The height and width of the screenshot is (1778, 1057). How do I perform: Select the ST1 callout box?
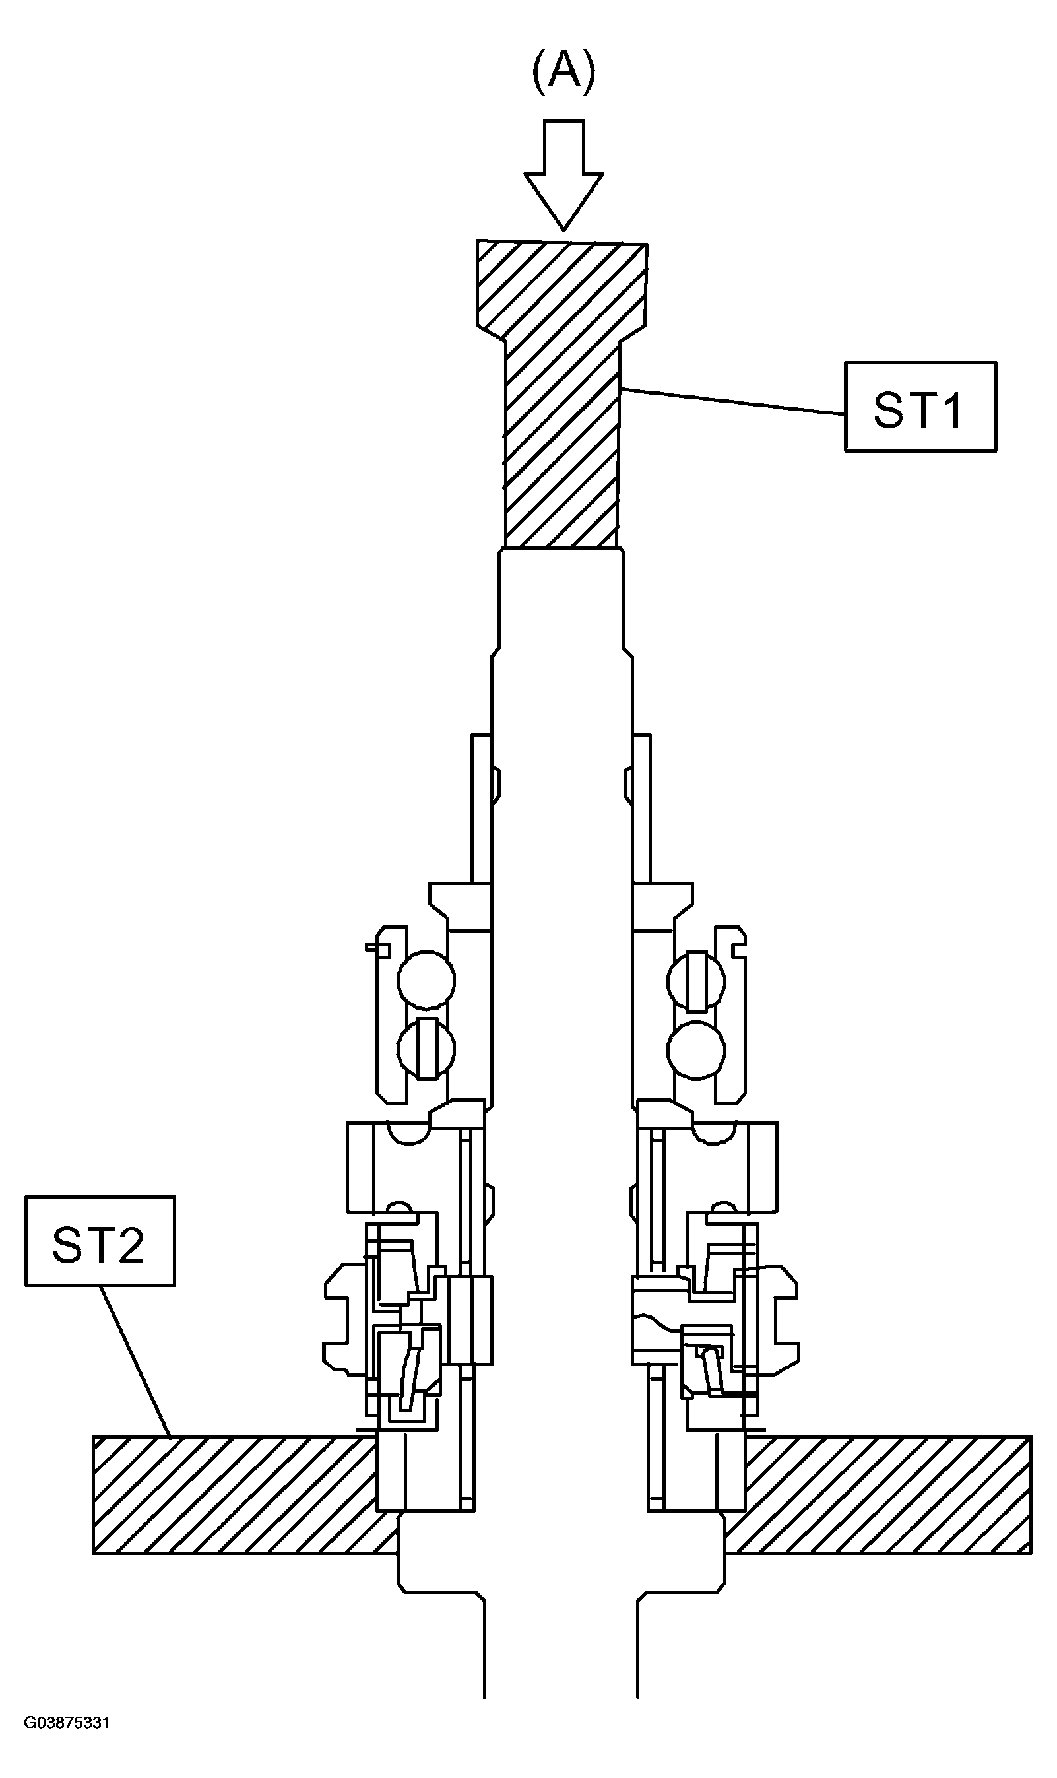[920, 407]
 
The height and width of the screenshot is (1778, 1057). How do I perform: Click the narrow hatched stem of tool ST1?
[561, 445]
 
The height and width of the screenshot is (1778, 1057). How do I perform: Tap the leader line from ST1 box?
[733, 401]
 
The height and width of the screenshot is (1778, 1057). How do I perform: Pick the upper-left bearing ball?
[426, 980]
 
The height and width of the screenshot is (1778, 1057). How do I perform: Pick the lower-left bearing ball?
[426, 1049]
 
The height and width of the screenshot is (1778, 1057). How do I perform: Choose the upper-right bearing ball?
[697, 981]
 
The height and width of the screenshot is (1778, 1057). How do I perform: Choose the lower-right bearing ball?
[697, 1050]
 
